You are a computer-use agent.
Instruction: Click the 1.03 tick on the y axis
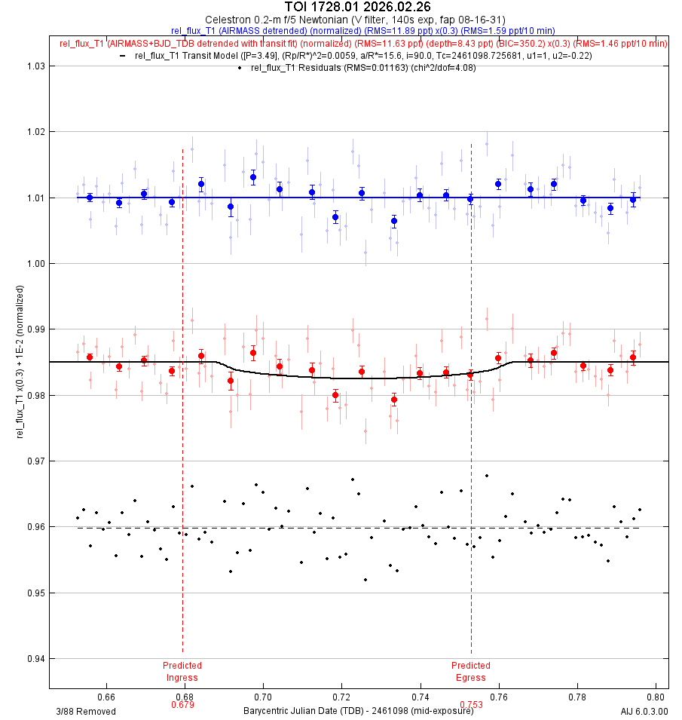(35, 66)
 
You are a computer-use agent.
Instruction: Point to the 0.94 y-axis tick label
(35, 659)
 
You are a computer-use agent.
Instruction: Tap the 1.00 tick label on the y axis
(35, 264)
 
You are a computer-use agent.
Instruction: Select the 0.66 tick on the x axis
(106, 698)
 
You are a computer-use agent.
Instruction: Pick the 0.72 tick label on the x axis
(341, 698)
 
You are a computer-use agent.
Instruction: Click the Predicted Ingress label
(182, 671)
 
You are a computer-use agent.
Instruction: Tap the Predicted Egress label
(471, 671)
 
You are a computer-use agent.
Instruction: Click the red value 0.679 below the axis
(182, 706)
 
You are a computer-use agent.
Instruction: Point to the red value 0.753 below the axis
(471, 706)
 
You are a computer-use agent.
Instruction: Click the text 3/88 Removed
(86, 711)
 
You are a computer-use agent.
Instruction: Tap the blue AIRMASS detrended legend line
(363, 31)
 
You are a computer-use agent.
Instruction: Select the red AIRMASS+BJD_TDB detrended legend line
(363, 43)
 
